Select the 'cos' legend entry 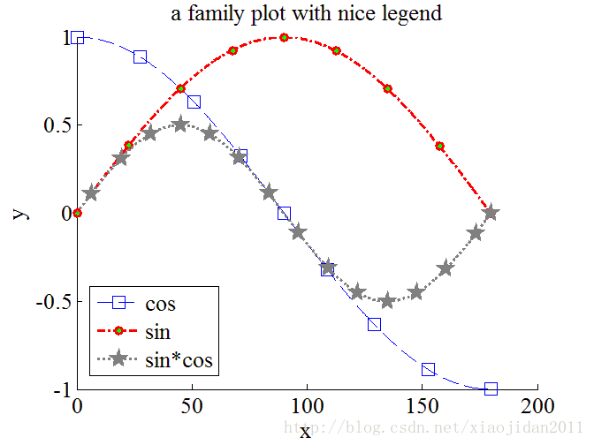tap(160, 304)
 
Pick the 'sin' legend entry tap(157, 332)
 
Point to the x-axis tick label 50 tap(192, 407)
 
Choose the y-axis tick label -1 tap(61, 389)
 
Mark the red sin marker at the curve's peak tap(284, 37)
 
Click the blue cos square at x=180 tap(491, 388)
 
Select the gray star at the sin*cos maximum tap(180, 124)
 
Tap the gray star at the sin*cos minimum tap(387, 300)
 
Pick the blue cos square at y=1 tap(78, 37)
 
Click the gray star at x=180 tap(491, 213)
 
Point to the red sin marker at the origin tap(78, 213)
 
